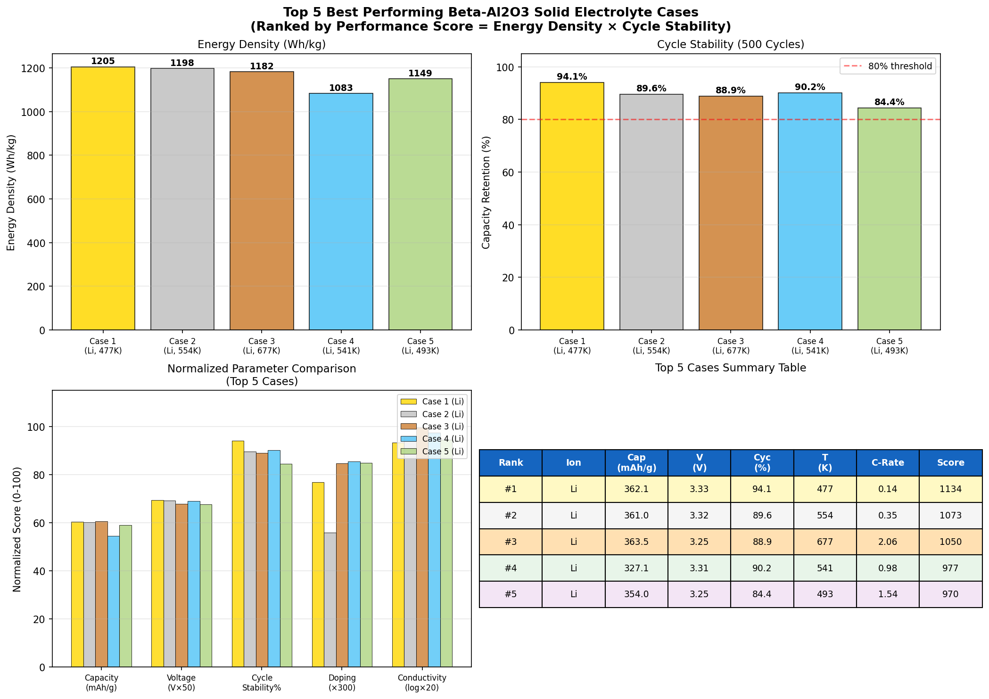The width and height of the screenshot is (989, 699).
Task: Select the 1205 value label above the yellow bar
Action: tap(103, 61)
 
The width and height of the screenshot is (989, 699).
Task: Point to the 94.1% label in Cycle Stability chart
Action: tap(572, 77)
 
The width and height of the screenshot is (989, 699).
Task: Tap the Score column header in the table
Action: tap(950, 463)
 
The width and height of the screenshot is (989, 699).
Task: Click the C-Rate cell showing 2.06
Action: tap(888, 542)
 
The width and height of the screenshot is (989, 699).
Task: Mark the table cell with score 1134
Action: tap(950, 489)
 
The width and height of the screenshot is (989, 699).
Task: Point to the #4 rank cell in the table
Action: tap(511, 568)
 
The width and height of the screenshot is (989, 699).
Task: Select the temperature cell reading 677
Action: tap(825, 542)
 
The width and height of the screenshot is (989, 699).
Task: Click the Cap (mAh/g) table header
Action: tap(636, 463)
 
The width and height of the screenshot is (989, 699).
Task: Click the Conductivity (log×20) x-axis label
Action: tap(422, 683)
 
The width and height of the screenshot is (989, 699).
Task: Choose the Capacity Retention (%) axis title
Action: tap(486, 192)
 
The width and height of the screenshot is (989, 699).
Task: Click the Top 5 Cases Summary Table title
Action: tap(730, 368)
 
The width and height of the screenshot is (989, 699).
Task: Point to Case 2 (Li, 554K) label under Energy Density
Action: tap(182, 346)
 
